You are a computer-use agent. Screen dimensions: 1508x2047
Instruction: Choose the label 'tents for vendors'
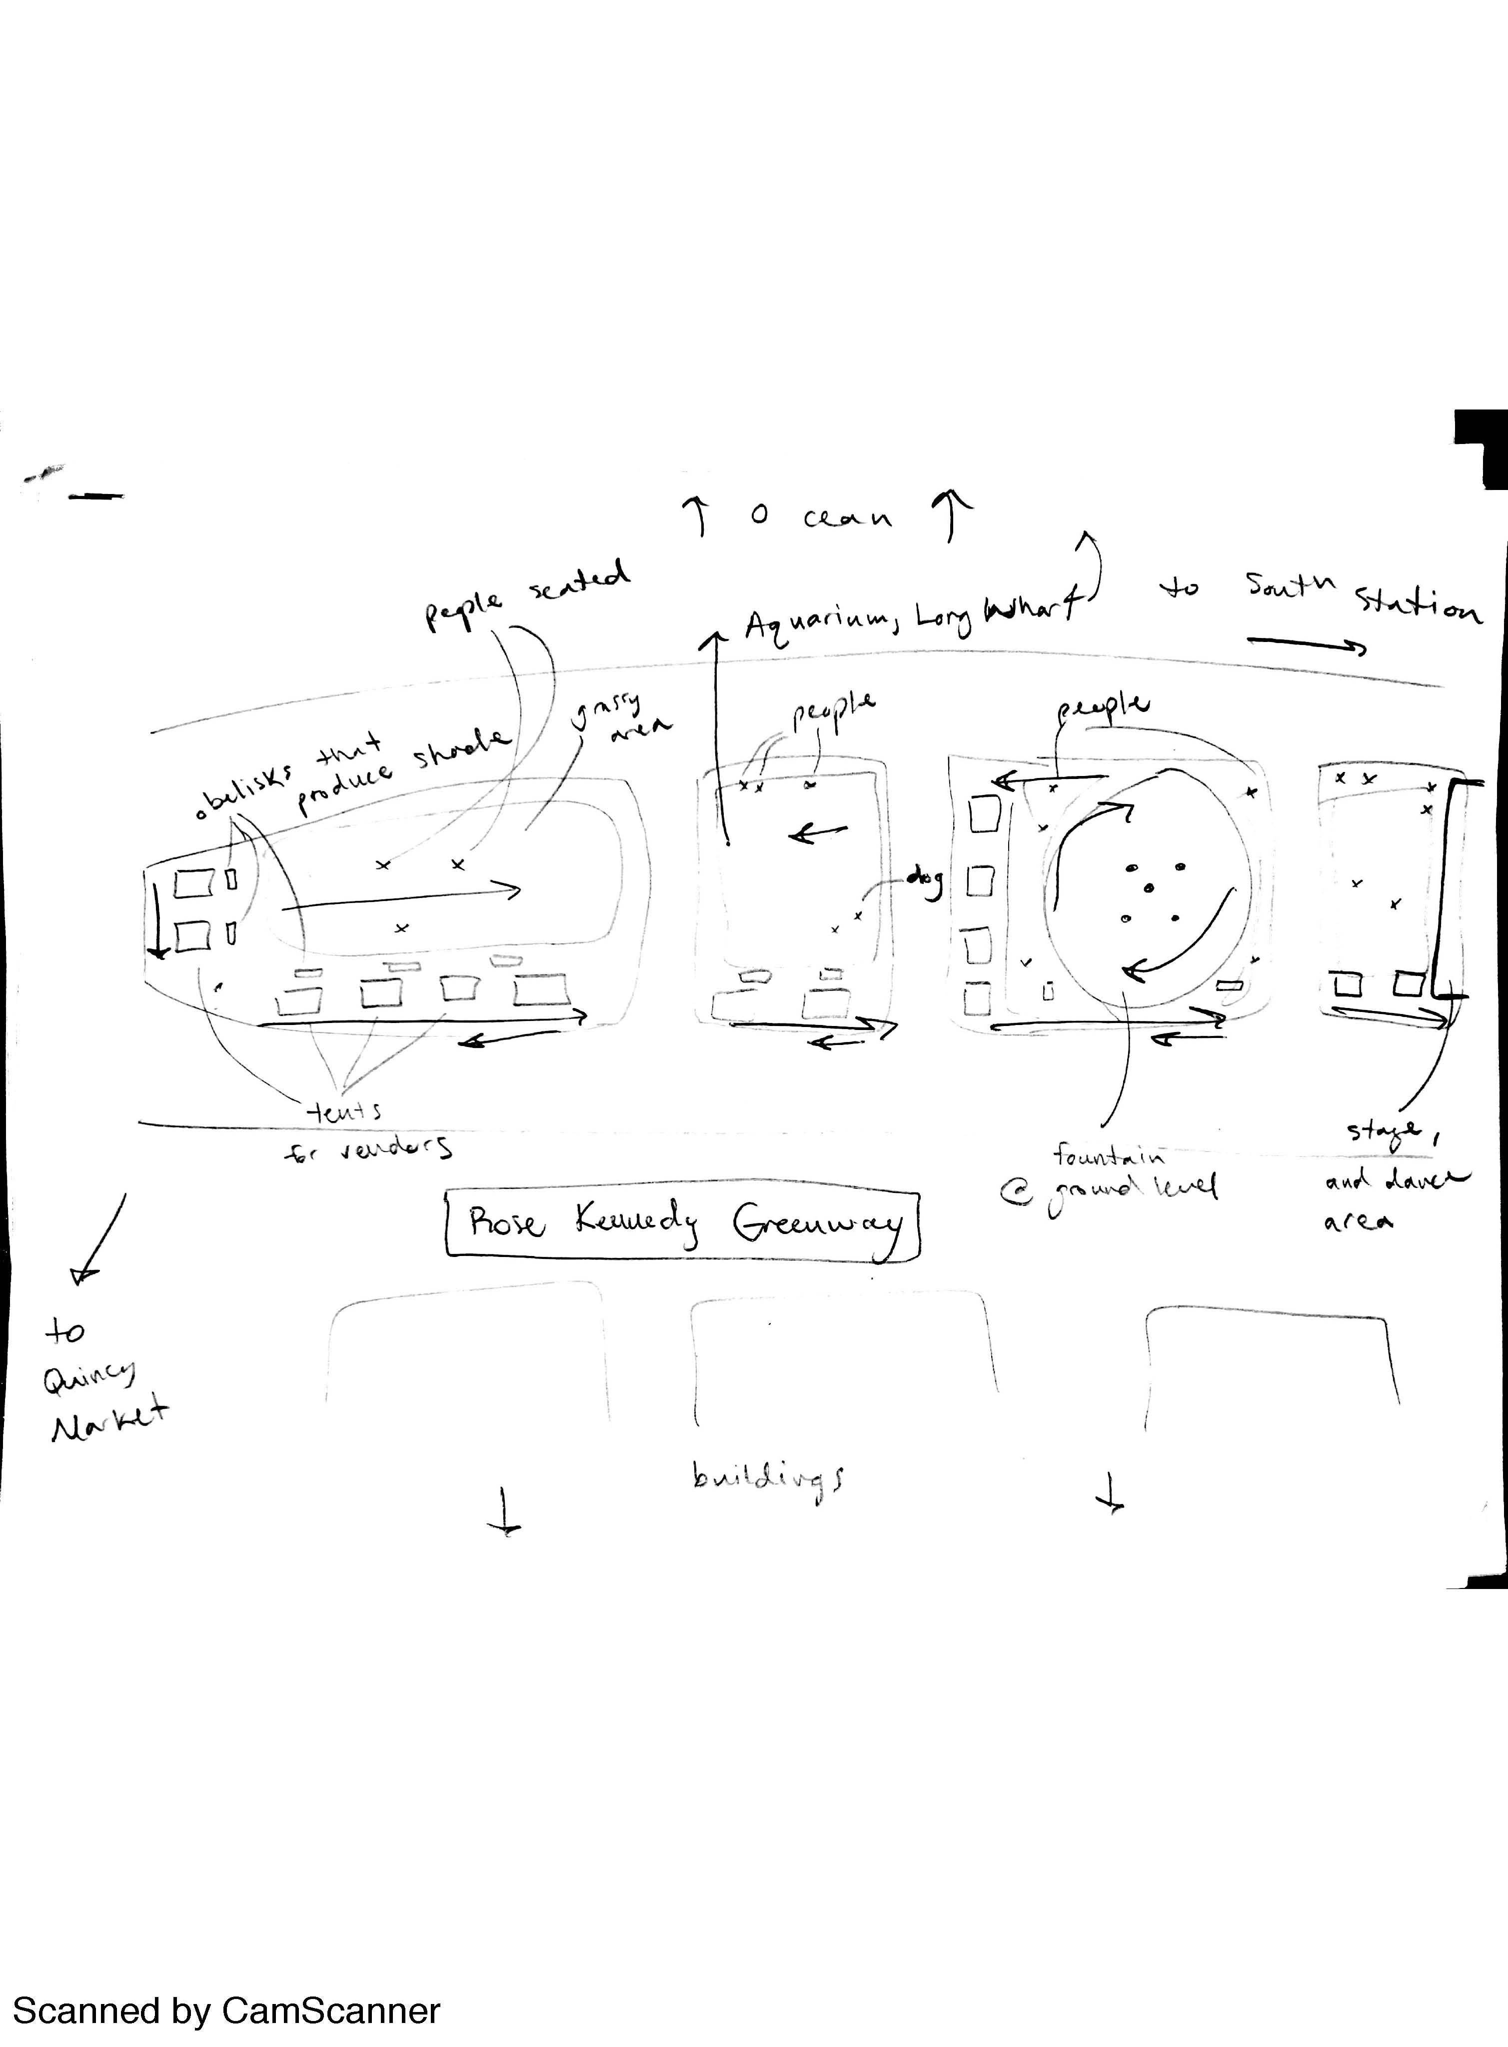(x=365, y=1129)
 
